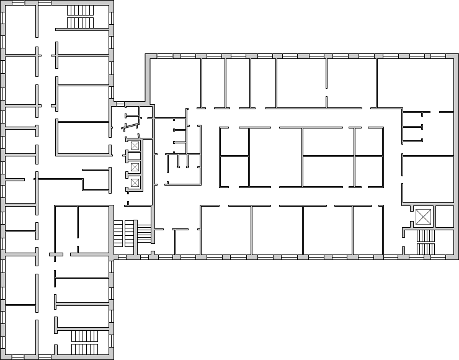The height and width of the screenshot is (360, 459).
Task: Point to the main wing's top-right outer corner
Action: tap(456, 56)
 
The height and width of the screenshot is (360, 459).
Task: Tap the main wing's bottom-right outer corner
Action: tap(456, 256)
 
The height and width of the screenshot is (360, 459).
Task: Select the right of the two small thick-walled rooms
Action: tap(445, 217)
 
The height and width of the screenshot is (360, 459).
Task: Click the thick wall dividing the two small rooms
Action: tap(434, 217)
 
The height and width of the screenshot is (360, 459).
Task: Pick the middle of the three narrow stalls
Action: tap(182, 160)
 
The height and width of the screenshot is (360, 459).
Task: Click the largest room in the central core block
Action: tap(328, 142)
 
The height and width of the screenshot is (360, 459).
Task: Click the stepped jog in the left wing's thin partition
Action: tap(82, 184)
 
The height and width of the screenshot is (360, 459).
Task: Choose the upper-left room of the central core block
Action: tap(234, 142)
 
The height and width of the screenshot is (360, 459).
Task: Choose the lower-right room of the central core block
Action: tap(368, 171)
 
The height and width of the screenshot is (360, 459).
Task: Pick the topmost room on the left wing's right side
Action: tap(84, 16)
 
